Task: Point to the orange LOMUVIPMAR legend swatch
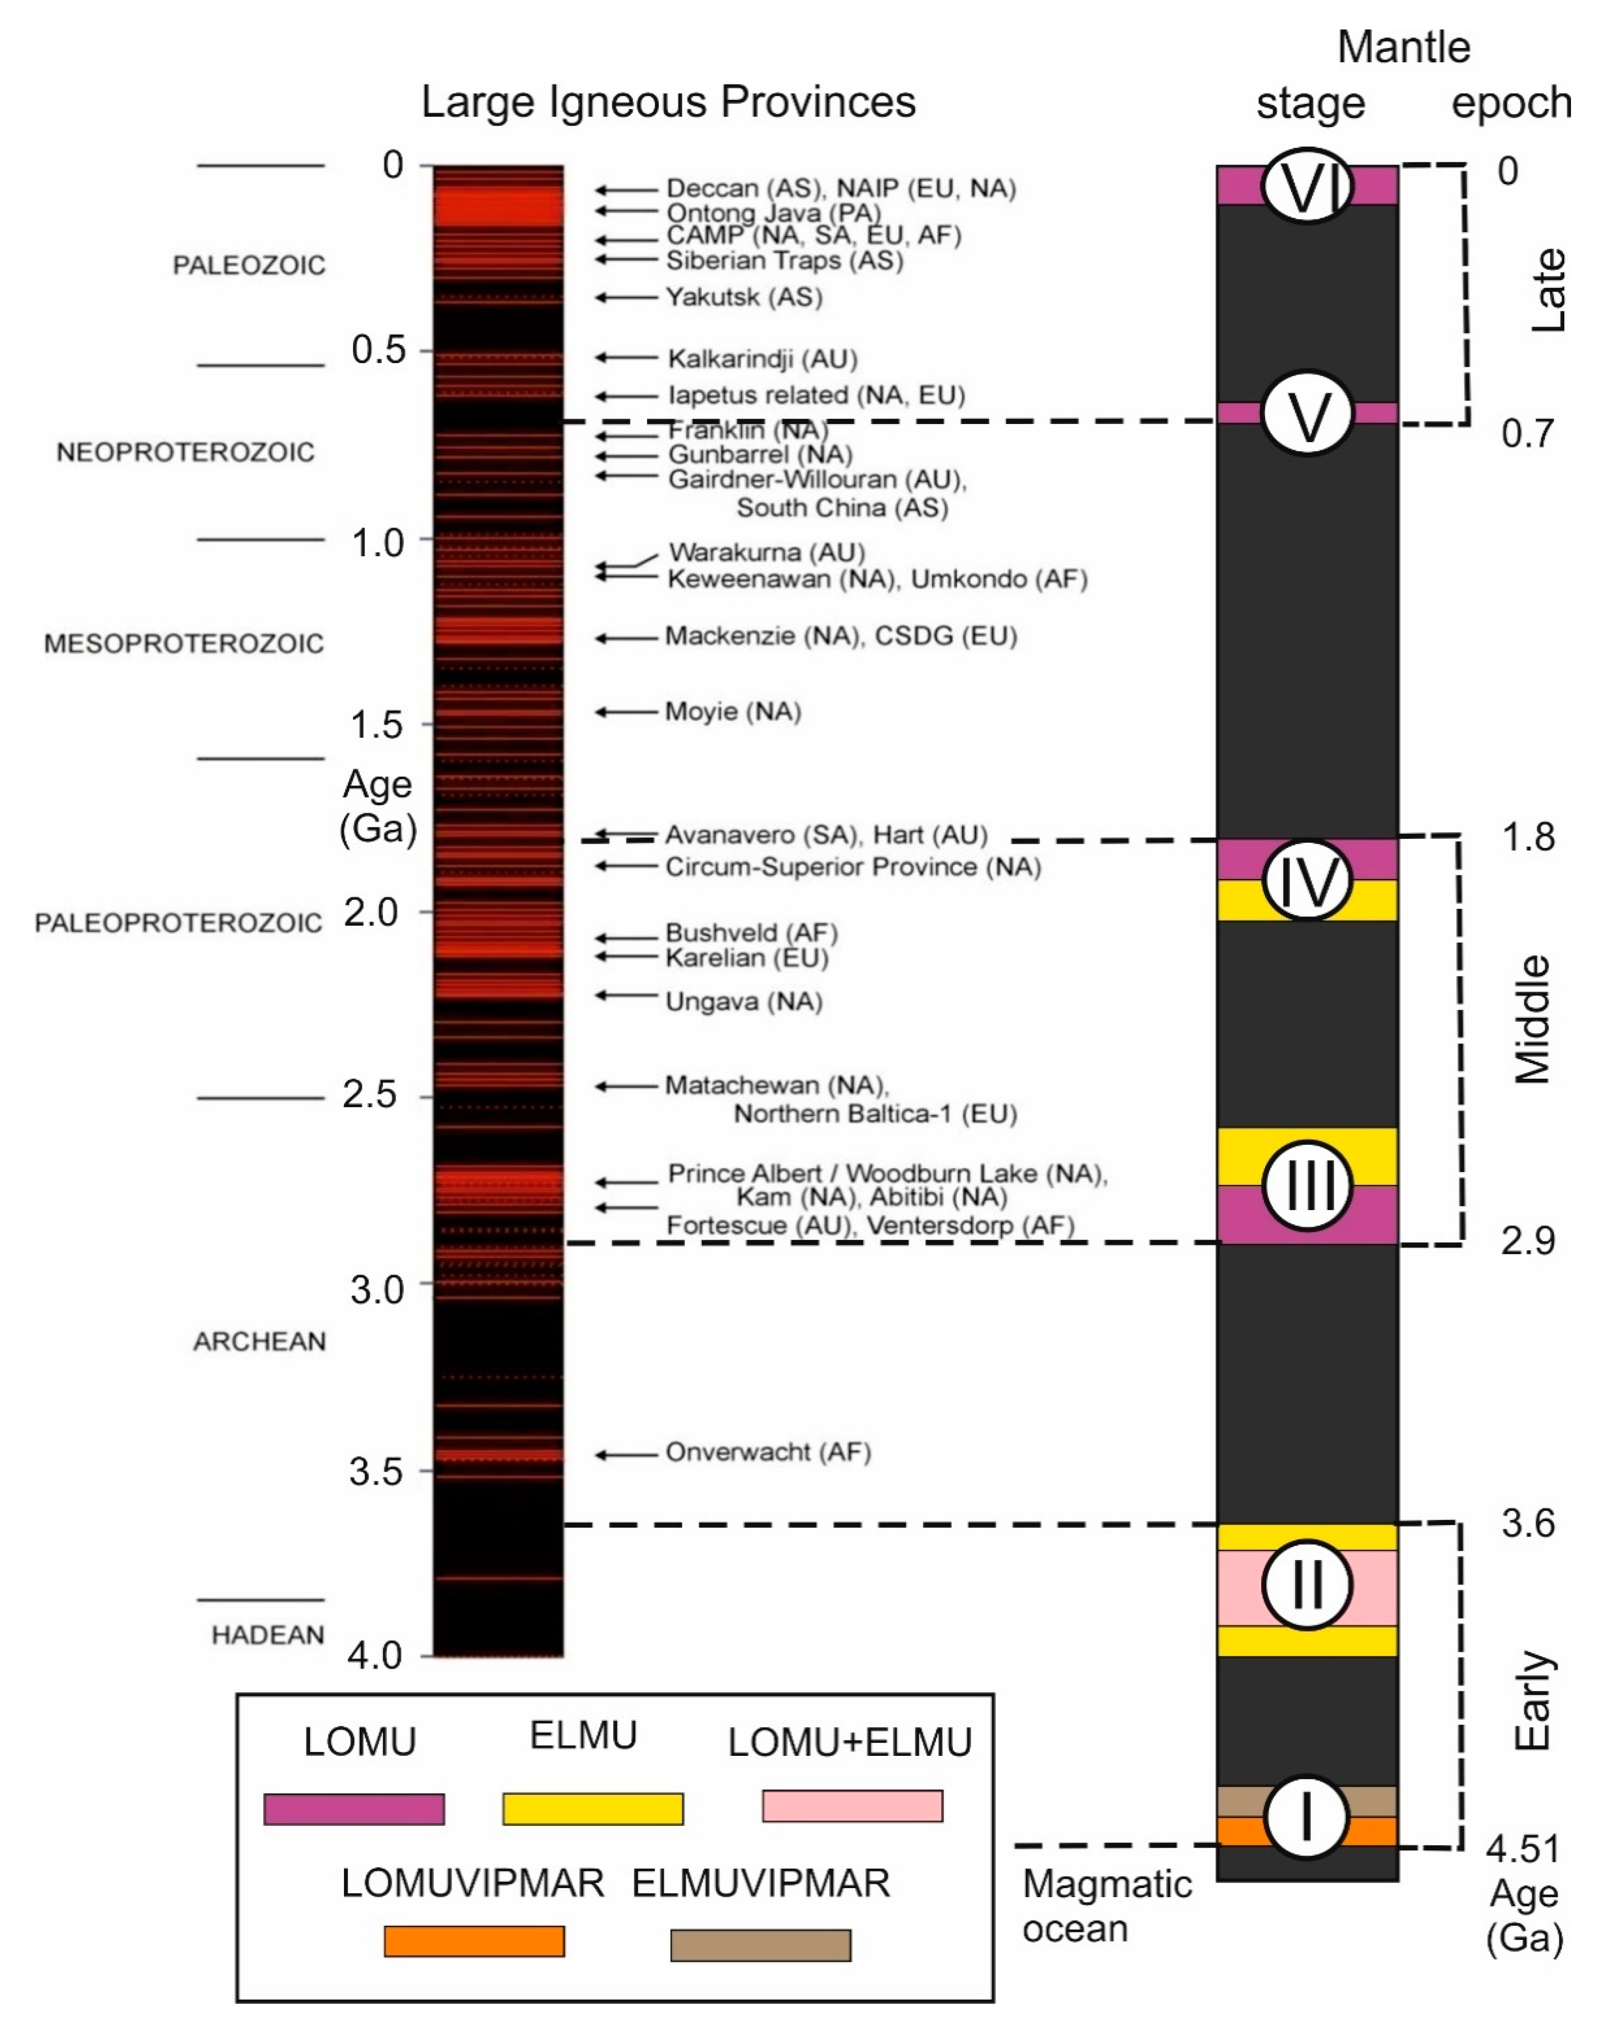(474, 1941)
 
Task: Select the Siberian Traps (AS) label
(784, 260)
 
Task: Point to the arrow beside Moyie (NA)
(626, 712)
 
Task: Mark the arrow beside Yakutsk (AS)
(626, 297)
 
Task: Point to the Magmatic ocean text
(1106, 1906)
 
